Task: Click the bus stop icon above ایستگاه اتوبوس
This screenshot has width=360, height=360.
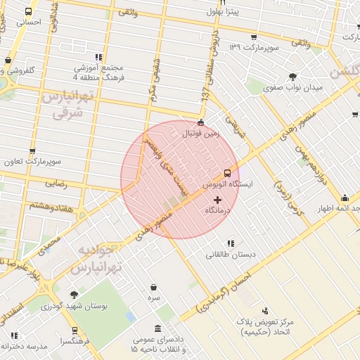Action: [227, 172]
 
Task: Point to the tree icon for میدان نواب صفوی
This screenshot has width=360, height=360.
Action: [292, 77]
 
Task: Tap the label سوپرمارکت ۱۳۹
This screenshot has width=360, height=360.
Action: [255, 47]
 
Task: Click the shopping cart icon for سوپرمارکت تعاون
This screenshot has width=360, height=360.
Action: [32, 151]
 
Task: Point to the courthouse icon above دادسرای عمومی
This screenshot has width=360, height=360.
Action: [156, 329]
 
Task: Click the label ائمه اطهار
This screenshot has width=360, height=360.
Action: [336, 209]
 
